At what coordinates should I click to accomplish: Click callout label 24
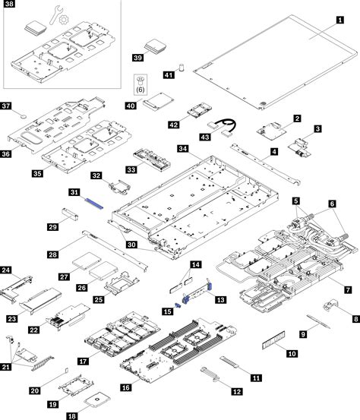6,270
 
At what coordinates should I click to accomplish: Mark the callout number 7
348,289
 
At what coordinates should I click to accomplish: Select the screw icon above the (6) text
140,79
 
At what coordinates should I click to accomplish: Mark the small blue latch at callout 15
179,305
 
